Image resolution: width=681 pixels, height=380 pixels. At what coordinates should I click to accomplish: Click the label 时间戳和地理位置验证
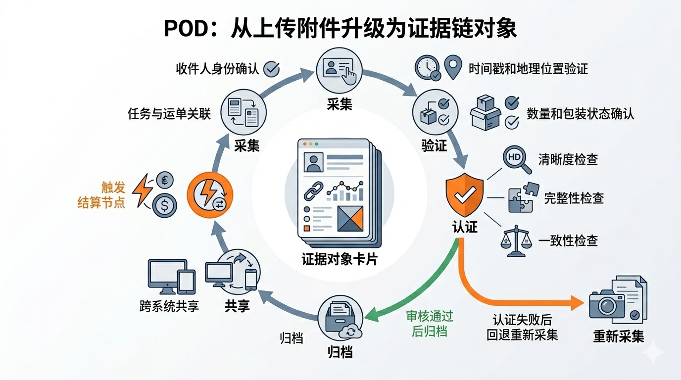528,69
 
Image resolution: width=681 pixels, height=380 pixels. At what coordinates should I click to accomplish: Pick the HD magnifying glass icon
516,159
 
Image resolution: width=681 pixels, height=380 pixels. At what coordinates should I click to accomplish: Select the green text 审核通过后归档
430,324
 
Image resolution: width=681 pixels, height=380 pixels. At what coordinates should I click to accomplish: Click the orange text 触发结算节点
101,195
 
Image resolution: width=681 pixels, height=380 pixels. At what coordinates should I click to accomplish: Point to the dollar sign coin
163,205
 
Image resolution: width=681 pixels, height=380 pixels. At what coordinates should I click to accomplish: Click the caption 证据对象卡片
339,259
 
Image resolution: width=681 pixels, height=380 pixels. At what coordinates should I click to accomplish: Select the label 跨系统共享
169,306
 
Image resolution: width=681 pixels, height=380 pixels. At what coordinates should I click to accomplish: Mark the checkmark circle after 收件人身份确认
271,68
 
